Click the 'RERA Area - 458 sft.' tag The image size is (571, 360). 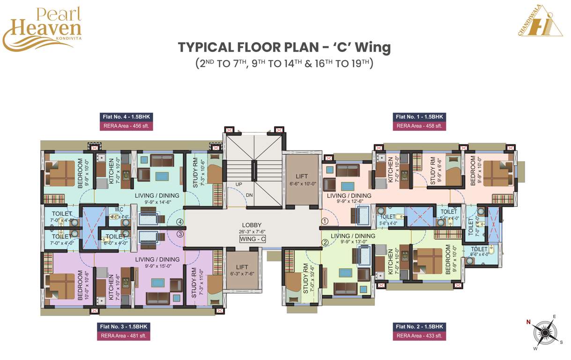point(419,126)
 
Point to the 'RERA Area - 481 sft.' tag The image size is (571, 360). point(125,336)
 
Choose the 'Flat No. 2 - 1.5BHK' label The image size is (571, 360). point(419,327)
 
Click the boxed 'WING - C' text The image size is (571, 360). point(252,239)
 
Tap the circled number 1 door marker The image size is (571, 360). point(325,221)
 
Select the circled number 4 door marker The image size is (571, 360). point(179,222)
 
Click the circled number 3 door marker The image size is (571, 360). point(179,234)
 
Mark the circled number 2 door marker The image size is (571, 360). point(325,242)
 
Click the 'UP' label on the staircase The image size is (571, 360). point(239,185)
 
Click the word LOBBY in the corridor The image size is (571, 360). point(252,225)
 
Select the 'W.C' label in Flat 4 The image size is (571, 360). point(119,210)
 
